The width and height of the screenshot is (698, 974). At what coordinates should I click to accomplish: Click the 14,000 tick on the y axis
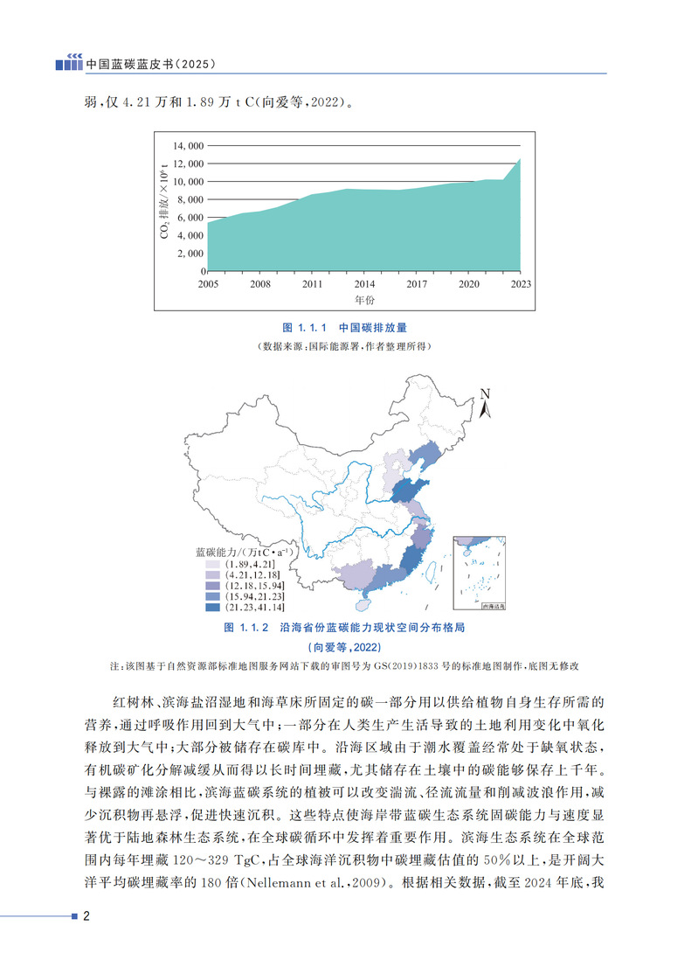point(188,145)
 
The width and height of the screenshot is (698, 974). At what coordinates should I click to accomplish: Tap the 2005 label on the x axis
point(208,284)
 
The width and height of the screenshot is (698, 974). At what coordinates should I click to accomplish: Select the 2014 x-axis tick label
point(364,284)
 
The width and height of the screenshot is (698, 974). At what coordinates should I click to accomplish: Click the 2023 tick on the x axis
point(521,284)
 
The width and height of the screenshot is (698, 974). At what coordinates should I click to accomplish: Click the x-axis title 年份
point(364,300)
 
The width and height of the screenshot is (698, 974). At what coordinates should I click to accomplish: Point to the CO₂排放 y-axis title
point(163,203)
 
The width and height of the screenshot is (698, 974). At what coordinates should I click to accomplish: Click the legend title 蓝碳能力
point(244,553)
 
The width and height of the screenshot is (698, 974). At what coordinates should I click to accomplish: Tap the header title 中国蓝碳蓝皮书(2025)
point(151,65)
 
